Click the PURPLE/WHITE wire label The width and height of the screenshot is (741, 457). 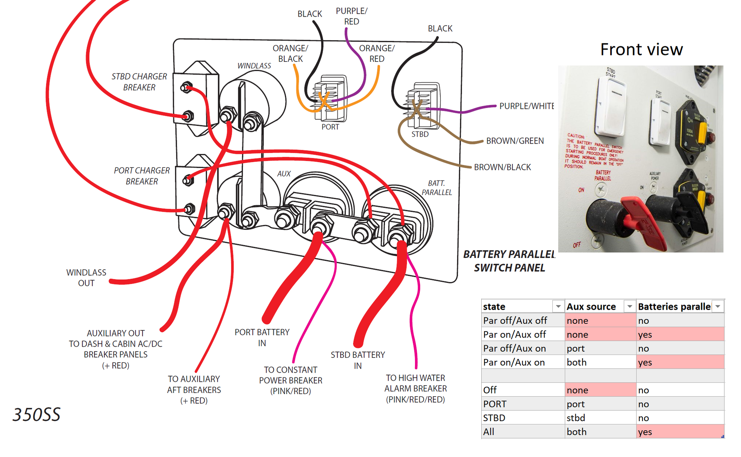[526, 106]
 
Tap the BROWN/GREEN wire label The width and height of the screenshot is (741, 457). [515, 141]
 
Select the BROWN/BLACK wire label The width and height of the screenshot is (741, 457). [502, 167]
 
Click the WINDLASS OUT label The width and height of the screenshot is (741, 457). [86, 278]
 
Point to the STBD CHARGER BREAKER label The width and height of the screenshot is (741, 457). [139, 82]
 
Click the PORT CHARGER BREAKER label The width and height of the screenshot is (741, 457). [142, 176]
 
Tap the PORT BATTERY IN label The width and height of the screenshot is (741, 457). [262, 337]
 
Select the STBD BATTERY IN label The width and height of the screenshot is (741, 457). [358, 360]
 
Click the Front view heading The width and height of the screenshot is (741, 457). [641, 50]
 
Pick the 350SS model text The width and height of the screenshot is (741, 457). [36, 415]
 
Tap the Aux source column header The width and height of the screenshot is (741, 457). [591, 307]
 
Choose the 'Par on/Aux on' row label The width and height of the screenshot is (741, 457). [514, 363]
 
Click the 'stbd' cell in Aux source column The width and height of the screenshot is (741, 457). [576, 418]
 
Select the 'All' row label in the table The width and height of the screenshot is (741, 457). [489, 432]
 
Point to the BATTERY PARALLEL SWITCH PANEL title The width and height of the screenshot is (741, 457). [509, 261]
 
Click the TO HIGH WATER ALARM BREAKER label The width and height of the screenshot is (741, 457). [415, 389]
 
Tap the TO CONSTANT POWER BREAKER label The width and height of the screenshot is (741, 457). [290, 380]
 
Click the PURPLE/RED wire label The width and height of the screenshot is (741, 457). [352, 16]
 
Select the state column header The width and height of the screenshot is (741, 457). [494, 307]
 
